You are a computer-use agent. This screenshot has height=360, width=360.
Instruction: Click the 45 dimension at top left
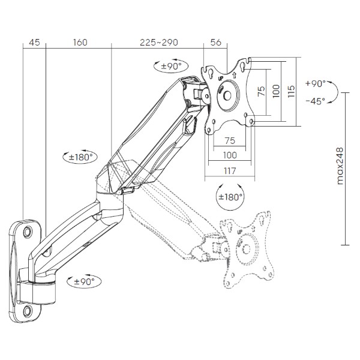[x=34, y=43]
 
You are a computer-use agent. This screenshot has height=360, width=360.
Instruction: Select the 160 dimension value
[x=80, y=43]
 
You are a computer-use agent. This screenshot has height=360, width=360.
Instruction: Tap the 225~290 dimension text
[x=159, y=43]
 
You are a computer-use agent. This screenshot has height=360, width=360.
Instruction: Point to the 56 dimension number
[x=216, y=43]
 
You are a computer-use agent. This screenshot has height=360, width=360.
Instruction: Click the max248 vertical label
[x=340, y=166]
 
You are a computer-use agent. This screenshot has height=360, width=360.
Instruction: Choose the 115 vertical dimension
[x=291, y=91]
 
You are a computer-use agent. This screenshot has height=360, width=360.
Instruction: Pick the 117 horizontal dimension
[x=230, y=171]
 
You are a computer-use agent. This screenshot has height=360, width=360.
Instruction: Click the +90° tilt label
[x=316, y=83]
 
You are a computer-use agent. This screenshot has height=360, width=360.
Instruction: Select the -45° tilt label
[x=316, y=101]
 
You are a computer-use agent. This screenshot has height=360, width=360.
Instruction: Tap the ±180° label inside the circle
[x=230, y=197]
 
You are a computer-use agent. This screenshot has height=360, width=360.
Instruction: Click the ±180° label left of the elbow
[x=80, y=157]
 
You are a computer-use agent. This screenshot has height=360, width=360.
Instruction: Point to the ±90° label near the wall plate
[x=84, y=281]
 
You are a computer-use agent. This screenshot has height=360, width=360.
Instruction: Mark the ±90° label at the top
[x=171, y=67]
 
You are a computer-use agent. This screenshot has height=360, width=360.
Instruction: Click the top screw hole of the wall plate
[x=28, y=230]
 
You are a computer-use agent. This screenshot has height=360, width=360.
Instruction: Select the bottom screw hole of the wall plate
[x=28, y=311]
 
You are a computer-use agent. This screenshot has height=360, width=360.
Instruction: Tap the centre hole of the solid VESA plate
[x=227, y=96]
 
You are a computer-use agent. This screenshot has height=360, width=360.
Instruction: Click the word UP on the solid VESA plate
[x=220, y=78]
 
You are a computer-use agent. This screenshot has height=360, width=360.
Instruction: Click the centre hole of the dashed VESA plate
[x=247, y=249]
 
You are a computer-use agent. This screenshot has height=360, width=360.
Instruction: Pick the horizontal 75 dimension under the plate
[x=230, y=140]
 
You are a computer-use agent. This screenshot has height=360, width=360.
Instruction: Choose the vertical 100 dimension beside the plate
[x=276, y=91]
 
